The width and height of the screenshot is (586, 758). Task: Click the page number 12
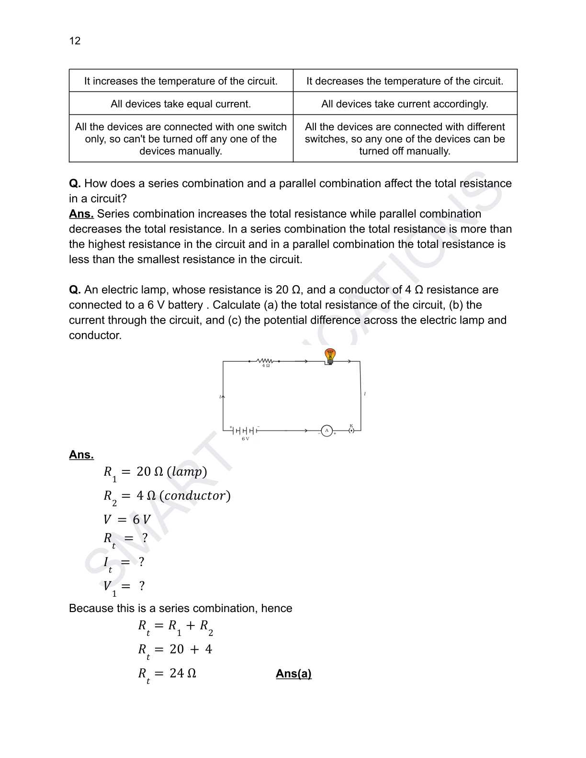(75, 41)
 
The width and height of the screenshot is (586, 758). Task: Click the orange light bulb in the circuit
(330, 356)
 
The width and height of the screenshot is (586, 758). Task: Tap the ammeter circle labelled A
(327, 431)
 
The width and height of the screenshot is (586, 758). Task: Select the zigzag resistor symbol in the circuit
(265, 360)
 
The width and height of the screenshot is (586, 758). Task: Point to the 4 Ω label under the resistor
(266, 366)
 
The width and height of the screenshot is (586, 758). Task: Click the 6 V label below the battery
(245, 439)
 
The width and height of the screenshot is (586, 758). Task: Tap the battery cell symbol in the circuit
(244, 431)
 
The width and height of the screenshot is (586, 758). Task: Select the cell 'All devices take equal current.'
(181, 104)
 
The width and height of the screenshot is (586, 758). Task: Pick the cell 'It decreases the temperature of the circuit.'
(405, 81)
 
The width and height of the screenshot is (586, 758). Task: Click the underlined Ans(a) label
(293, 674)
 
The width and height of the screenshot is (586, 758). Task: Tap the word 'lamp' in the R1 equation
(187, 472)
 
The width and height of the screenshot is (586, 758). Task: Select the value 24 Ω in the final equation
(183, 674)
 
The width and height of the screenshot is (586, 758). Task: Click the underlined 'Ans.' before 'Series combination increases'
(81, 214)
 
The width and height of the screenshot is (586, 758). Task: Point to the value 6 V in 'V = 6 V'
(141, 520)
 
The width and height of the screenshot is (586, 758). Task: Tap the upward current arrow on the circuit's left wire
(222, 397)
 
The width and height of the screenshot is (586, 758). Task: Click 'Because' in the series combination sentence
(89, 608)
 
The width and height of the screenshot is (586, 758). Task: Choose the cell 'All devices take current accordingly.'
(405, 104)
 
